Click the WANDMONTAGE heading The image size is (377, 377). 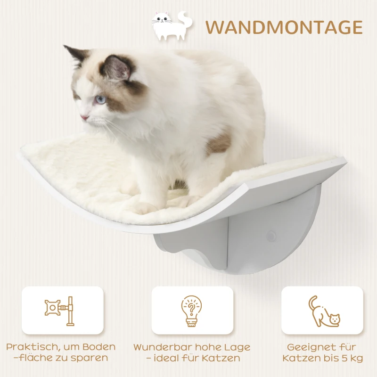(x=284, y=27)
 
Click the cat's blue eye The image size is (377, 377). (x=100, y=99)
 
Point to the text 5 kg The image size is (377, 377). (x=352, y=359)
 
